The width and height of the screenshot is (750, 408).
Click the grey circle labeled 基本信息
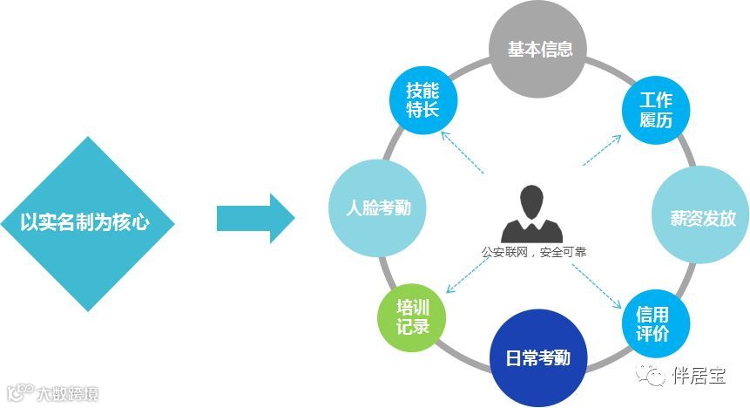click(x=539, y=49)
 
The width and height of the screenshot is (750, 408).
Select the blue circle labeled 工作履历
click(x=655, y=109)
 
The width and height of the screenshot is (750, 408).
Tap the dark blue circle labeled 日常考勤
click(x=540, y=357)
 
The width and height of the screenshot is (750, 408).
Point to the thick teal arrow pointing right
click(x=255, y=218)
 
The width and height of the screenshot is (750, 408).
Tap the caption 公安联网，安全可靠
click(x=534, y=252)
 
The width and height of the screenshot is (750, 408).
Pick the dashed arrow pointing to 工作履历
click(x=600, y=149)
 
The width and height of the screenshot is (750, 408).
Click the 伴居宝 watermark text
click(x=699, y=376)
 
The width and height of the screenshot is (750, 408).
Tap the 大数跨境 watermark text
click(x=66, y=393)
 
